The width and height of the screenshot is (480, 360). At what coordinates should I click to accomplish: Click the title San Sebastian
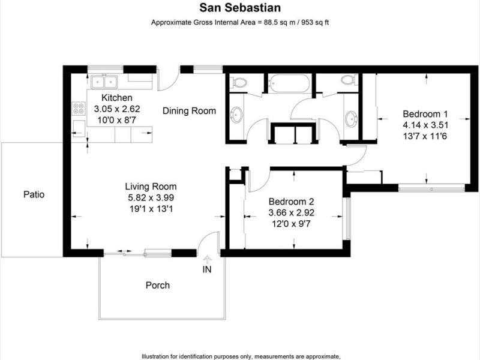(240, 8)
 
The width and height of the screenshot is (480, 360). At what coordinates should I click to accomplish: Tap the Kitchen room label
(117, 98)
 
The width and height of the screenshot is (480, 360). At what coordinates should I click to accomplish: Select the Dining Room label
(189, 111)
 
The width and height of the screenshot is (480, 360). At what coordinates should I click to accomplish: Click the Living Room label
(151, 187)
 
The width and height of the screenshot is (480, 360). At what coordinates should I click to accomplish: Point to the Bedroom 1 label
(425, 114)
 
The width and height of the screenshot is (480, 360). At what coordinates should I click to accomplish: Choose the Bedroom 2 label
(291, 202)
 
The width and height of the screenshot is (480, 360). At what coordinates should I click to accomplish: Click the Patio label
(34, 194)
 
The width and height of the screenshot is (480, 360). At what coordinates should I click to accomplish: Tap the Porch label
(158, 286)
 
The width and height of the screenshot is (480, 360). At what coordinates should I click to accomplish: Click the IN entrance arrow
(208, 260)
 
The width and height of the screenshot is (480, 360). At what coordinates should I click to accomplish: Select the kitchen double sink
(104, 82)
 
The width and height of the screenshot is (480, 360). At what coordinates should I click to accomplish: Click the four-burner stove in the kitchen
(79, 109)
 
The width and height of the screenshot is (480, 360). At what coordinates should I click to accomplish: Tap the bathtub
(288, 83)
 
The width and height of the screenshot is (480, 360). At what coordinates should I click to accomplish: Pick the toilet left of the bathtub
(238, 82)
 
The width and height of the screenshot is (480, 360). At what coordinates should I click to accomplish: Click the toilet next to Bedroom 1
(349, 80)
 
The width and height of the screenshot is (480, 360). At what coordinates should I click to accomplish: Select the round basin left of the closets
(237, 115)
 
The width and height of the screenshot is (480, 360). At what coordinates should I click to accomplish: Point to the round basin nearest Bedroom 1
(351, 118)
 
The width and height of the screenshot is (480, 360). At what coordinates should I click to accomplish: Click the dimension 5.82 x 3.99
(151, 198)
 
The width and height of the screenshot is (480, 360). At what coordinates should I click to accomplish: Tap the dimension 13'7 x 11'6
(425, 136)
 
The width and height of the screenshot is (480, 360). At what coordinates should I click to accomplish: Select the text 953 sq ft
(316, 22)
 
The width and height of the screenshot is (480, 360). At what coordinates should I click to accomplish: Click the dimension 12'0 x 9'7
(291, 224)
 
